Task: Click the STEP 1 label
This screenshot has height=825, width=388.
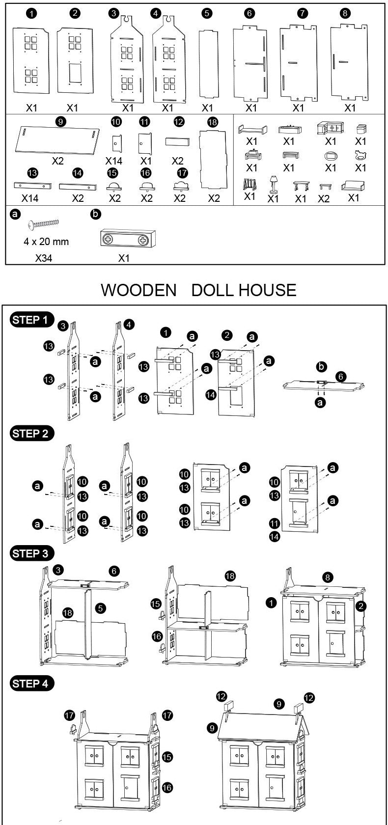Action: [x=32, y=320]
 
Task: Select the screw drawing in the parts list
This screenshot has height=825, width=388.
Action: [x=45, y=225]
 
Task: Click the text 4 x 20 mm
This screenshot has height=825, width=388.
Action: [x=46, y=242]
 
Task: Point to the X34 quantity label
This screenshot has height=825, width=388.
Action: [x=44, y=258]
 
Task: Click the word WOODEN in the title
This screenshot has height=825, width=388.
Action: [x=139, y=290]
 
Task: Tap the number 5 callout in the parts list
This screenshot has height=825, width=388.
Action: [x=207, y=14]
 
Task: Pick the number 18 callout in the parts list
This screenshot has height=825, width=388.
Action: [x=213, y=122]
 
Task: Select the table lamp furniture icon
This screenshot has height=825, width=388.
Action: [x=273, y=185]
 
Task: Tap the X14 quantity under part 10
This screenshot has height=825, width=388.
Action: [x=114, y=161]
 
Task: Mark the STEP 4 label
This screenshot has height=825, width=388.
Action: [x=32, y=683]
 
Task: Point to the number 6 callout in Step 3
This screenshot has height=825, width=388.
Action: [x=114, y=571]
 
